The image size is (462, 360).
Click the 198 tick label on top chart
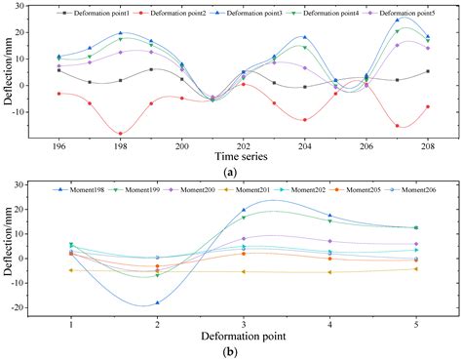[x=120, y=144]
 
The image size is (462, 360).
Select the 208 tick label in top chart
[x=427, y=144]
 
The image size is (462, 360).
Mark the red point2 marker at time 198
[x=120, y=133]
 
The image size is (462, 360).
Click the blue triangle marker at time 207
[x=397, y=20]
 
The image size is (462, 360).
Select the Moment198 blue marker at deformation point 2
[x=157, y=302]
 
